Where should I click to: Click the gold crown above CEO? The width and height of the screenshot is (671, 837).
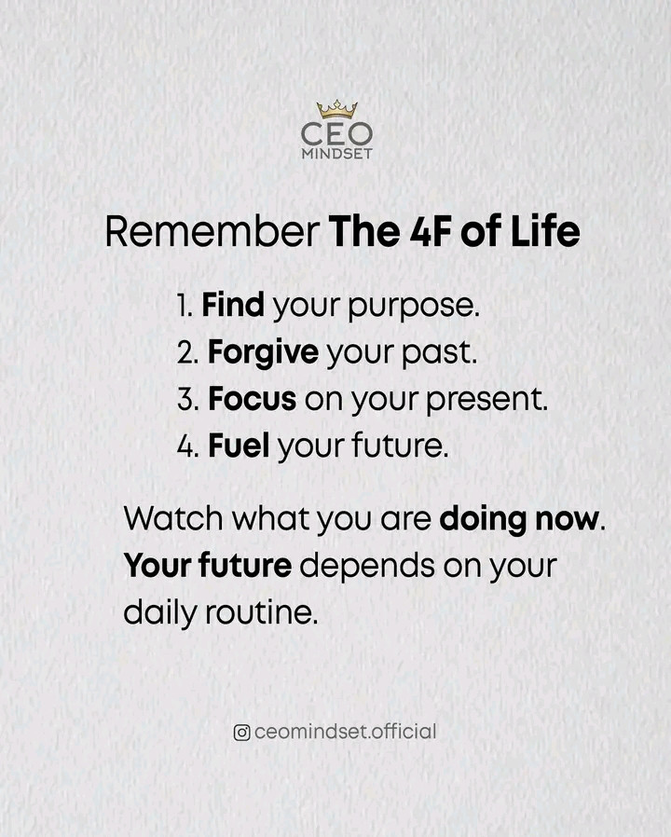pyautogui.click(x=336, y=109)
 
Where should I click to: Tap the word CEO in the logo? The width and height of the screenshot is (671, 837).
pyautogui.click(x=336, y=134)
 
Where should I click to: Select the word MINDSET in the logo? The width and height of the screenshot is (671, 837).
pyautogui.click(x=336, y=154)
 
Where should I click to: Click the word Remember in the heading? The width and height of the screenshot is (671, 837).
pyautogui.click(x=212, y=232)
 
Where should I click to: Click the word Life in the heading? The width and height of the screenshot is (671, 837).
pyautogui.click(x=545, y=232)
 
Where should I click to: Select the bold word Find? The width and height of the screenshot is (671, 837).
pyautogui.click(x=233, y=305)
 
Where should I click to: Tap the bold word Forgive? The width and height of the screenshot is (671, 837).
pyautogui.click(x=263, y=353)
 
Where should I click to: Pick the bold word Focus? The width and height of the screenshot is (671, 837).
pyautogui.click(x=252, y=399)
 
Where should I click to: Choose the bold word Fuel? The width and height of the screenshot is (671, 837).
pyautogui.click(x=239, y=446)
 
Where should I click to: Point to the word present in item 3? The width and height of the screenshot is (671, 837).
pyautogui.click(x=486, y=401)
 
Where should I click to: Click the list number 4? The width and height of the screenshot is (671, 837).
pyautogui.click(x=187, y=446)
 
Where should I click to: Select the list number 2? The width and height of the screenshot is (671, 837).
pyautogui.click(x=187, y=352)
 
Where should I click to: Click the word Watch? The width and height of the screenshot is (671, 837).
pyautogui.click(x=173, y=518)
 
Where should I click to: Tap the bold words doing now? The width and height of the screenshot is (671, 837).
pyautogui.click(x=518, y=519)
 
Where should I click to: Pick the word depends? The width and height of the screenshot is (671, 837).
pyautogui.click(x=367, y=567)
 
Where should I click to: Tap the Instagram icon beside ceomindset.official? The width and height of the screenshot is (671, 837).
pyautogui.click(x=241, y=733)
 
